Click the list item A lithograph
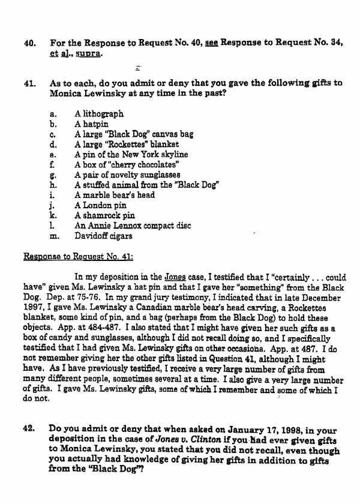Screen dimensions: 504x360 (x=99, y=113)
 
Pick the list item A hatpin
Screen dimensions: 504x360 (x=91, y=124)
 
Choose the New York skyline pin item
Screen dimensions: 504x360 (x=131, y=155)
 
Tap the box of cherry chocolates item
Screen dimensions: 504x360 (x=127, y=164)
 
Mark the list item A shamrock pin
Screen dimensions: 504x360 (x=104, y=215)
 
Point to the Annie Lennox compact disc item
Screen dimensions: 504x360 (x=133, y=226)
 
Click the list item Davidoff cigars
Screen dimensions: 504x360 (x=103, y=236)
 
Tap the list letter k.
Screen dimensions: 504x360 (x=53, y=215)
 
